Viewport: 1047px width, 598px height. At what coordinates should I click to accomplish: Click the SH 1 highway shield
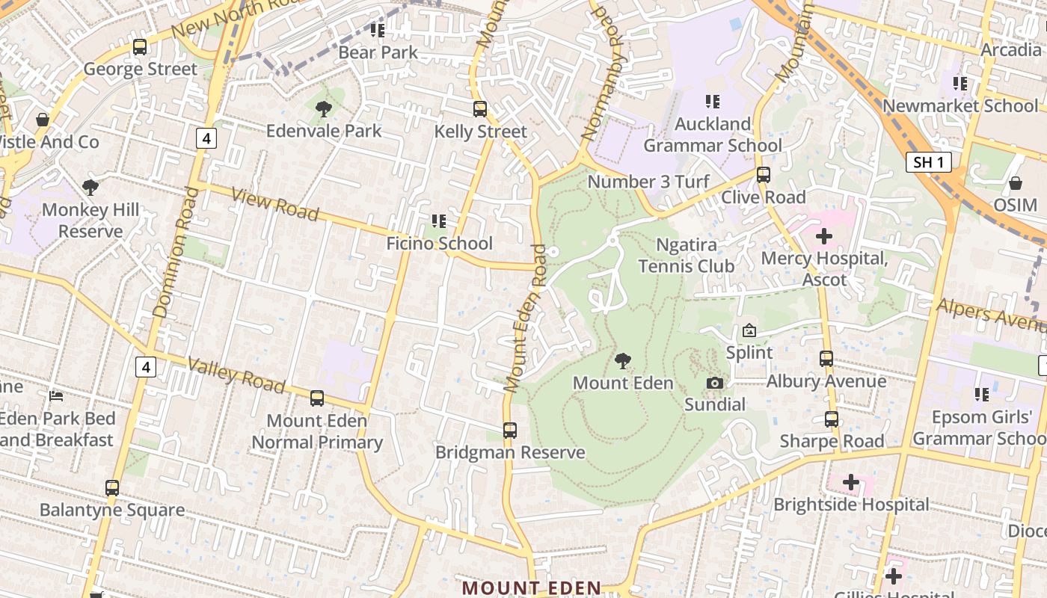928,162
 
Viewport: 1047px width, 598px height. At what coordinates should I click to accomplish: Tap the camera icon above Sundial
715,383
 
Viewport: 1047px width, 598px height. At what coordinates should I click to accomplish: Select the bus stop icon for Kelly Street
480,109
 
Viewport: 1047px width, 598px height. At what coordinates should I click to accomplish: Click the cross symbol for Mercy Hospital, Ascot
824,237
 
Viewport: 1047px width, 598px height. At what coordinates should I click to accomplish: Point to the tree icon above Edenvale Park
324,109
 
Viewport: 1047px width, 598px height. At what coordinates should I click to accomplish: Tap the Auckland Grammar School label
713,135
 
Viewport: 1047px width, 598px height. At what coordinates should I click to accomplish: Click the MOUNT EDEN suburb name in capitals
531,588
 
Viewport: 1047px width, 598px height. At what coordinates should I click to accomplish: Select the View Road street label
275,204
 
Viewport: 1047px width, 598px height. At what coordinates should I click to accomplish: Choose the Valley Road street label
236,375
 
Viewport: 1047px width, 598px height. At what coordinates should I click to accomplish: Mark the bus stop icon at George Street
140,47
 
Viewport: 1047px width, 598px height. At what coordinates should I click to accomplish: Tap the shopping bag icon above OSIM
1016,183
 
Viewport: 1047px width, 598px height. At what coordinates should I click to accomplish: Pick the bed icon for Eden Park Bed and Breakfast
56,395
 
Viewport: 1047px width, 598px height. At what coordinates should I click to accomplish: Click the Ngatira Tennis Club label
686,256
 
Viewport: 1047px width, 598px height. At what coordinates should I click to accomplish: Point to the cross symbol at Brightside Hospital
851,482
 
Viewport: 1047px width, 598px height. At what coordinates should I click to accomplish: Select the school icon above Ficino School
439,221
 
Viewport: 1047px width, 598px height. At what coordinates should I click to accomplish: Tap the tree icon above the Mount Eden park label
622,362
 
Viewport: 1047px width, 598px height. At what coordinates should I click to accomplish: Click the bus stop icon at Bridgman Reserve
510,431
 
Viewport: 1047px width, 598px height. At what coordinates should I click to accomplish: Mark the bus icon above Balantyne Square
112,488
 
